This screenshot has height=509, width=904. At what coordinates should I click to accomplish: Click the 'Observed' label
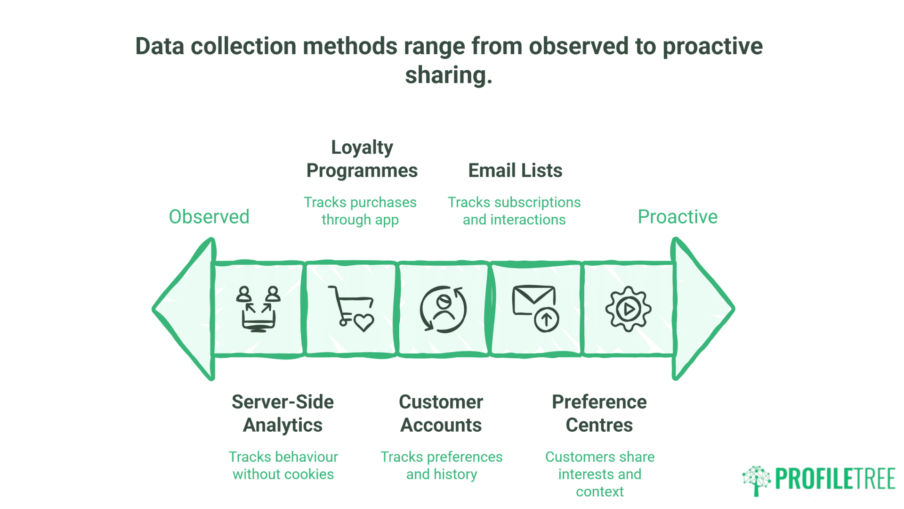click(209, 217)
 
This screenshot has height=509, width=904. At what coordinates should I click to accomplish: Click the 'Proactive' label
click(677, 217)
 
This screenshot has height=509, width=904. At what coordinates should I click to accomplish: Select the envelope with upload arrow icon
click(536, 309)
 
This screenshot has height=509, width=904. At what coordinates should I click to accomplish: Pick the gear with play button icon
click(628, 309)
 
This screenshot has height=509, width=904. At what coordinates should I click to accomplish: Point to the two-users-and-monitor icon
click(258, 309)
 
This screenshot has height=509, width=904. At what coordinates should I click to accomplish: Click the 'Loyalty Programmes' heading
click(362, 159)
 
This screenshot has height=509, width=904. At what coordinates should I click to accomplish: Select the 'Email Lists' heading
click(515, 170)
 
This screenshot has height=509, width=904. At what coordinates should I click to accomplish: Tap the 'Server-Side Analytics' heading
click(282, 413)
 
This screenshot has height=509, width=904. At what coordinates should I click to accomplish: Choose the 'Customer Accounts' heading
click(441, 413)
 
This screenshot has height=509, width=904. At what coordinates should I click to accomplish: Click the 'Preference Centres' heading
click(599, 413)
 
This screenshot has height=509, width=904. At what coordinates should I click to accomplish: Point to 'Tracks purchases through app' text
click(360, 211)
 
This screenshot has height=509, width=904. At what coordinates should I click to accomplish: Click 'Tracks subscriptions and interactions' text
click(514, 211)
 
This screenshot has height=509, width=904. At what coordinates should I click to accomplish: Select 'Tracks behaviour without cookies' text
click(283, 465)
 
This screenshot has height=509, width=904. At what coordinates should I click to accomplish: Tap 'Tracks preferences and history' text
click(441, 465)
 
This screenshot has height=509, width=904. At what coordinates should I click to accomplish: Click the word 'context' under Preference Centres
click(599, 492)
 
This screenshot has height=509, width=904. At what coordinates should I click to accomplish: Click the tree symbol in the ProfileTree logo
click(756, 480)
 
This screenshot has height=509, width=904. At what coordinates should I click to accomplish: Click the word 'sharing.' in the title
click(448, 74)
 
